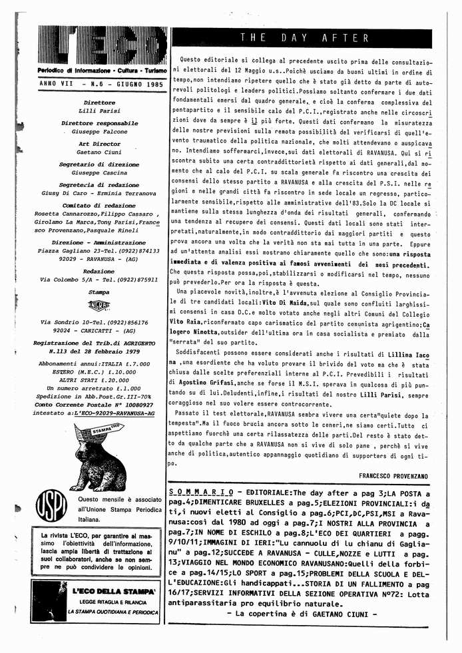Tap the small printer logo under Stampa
tap(99, 306)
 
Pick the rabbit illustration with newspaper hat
tap(100, 457)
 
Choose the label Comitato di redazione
tap(100, 205)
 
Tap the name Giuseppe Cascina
tap(100, 173)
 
